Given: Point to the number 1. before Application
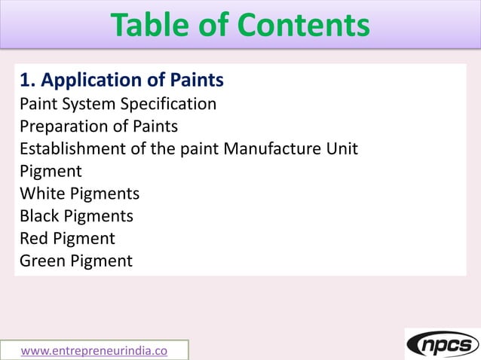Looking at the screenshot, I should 28,80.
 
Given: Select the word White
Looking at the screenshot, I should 42,194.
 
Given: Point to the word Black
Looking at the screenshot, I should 41,216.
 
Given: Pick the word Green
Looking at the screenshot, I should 42,261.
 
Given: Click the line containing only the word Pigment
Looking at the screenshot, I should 51,172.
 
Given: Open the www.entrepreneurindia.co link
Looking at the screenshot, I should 94,350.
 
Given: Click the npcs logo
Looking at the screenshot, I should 443,344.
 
